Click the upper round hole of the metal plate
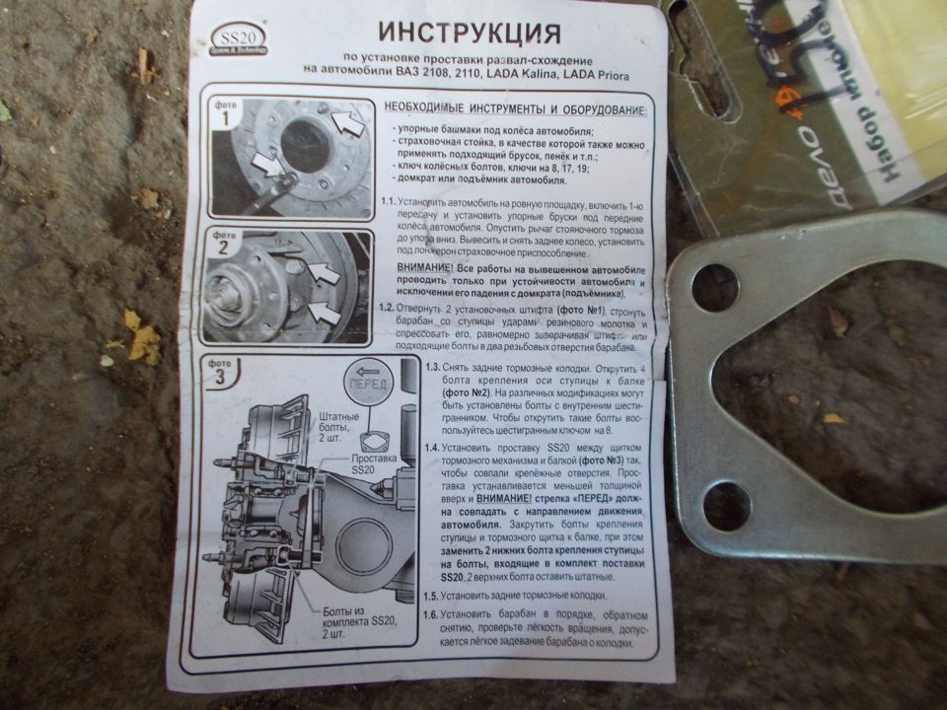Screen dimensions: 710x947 click(713, 288)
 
